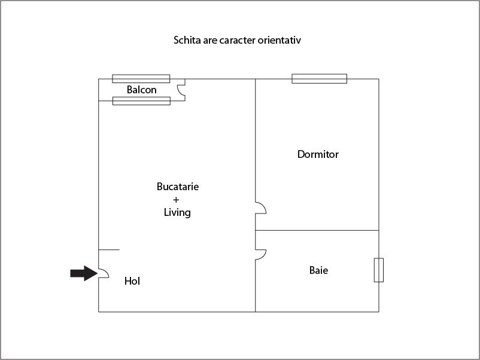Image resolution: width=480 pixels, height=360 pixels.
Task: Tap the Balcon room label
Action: tap(141, 90)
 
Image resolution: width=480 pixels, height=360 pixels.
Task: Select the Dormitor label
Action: tap(318, 154)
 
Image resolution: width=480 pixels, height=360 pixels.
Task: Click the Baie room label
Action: tap(318, 270)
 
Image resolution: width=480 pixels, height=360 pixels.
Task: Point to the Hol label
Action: tap(132, 281)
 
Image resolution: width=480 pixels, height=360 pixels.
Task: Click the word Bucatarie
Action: tap(178, 187)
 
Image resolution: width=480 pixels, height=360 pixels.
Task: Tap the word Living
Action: tap(177, 212)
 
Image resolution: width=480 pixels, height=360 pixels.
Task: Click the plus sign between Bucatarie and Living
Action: tap(176, 200)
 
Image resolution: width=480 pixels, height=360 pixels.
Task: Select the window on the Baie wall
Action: tap(379, 270)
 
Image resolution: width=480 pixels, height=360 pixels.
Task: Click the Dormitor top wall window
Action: tap(319, 78)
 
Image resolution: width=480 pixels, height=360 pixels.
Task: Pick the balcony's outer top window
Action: tap(141, 78)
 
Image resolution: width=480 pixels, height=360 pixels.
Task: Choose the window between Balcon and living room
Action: tap(141, 101)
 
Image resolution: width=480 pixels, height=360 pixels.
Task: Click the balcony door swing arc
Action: tap(181, 90)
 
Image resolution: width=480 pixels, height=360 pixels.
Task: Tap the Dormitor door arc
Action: tap(261, 208)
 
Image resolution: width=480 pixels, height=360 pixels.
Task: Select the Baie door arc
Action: tap(261, 255)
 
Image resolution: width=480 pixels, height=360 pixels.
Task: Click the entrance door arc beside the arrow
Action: tap(104, 273)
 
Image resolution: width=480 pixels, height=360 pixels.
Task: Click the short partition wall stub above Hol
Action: tap(109, 250)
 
